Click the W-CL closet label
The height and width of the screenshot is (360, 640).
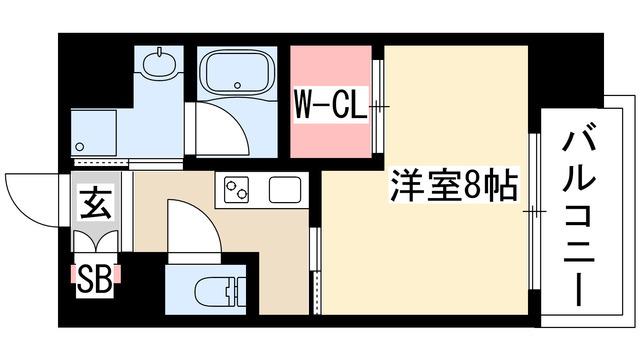click(x=331, y=105)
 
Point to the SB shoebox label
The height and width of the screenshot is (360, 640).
click(x=95, y=279)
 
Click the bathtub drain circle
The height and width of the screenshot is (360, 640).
click(x=237, y=85)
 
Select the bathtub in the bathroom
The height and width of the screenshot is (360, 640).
click(x=237, y=72)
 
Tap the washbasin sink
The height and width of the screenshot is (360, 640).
click(x=160, y=62)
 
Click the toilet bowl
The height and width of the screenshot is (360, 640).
click(x=220, y=292)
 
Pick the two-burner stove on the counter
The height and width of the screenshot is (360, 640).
click(x=236, y=189)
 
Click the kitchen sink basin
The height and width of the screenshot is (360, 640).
click(x=285, y=189)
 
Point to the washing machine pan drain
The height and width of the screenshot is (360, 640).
click(x=80, y=146)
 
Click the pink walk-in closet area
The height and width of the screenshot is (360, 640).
click(x=331, y=101)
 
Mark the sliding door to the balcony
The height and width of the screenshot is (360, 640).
click(x=534, y=211)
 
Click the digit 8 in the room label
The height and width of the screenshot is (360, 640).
click(x=473, y=185)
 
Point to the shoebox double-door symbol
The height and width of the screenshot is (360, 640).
click(x=96, y=240)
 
